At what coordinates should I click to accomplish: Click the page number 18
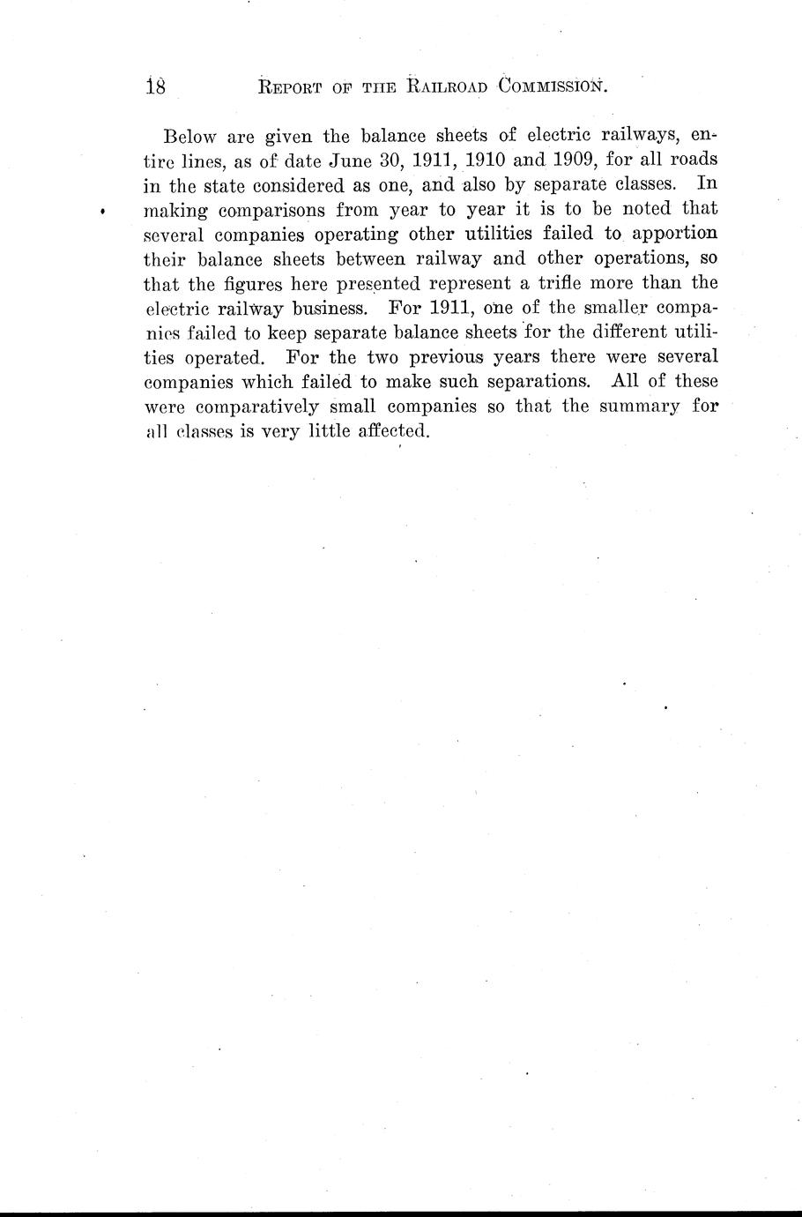[x=160, y=86]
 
